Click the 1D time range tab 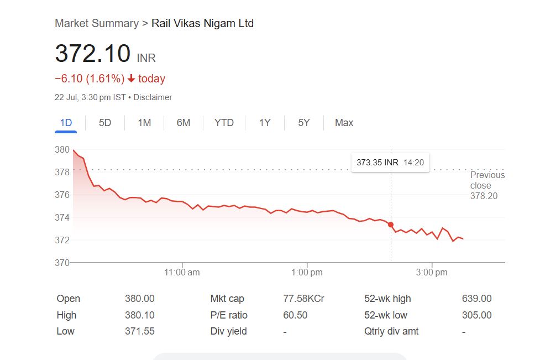tap(66, 123)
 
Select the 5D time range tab tap(105, 123)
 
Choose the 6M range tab tap(184, 123)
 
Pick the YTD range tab tap(224, 123)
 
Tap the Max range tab tap(344, 123)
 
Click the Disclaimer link tap(153, 97)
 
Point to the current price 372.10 tap(93, 54)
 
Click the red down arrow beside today tap(131, 79)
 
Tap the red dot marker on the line tap(391, 225)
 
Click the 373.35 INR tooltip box tap(390, 163)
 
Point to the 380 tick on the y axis tap(62, 149)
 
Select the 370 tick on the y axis tap(62, 263)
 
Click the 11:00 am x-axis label tap(182, 273)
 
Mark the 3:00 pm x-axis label tap(432, 273)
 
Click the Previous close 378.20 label tap(486, 185)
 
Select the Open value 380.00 tap(140, 299)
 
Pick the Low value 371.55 tap(140, 331)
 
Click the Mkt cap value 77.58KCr tap(303, 299)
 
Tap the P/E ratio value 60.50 tap(295, 315)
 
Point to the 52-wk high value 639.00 tap(476, 299)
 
